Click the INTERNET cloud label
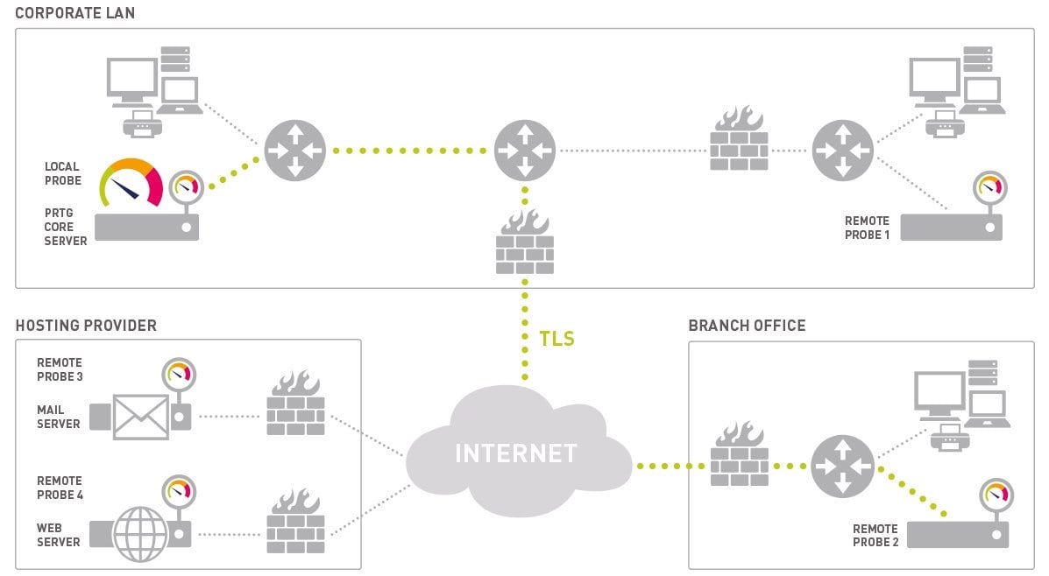515,453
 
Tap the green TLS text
557,339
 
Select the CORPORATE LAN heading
74,13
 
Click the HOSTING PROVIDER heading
86,326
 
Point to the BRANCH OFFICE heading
747,326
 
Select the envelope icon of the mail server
140,416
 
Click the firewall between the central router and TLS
524,242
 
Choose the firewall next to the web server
295,522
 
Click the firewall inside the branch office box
739,455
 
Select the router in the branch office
841,466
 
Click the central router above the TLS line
524,151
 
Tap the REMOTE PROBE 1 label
866,228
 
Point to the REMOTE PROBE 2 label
875,536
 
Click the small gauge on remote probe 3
179,376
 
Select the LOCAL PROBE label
63,173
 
